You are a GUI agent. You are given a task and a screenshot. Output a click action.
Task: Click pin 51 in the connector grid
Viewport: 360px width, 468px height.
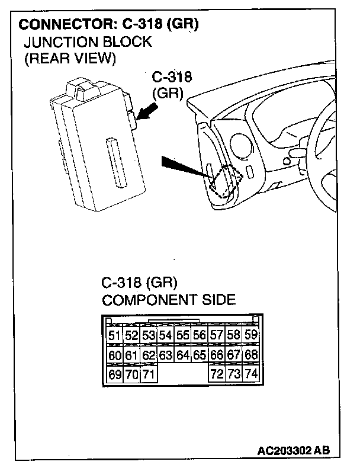point(114,336)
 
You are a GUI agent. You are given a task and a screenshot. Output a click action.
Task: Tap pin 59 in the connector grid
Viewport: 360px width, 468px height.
point(251,336)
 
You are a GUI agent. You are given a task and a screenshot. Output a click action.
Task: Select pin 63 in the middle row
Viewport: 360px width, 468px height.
point(166,355)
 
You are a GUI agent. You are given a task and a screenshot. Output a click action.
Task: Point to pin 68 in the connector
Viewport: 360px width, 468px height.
point(251,355)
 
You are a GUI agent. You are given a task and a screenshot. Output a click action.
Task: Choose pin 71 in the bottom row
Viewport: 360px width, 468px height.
point(148,374)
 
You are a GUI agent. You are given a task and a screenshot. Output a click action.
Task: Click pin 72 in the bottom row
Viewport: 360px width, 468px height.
point(217,374)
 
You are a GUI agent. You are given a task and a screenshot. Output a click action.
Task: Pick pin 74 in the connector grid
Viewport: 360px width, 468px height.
point(251,374)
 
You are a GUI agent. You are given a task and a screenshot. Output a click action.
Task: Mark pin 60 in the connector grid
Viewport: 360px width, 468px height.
point(114,355)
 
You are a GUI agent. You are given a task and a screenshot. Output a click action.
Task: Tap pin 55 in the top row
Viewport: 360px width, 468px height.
point(183,336)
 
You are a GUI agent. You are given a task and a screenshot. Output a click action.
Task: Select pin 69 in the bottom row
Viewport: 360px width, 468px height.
point(114,374)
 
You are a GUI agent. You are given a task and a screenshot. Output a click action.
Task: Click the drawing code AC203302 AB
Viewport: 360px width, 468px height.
point(292,451)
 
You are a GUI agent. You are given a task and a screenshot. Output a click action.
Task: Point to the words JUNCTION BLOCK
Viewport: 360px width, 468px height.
point(88,42)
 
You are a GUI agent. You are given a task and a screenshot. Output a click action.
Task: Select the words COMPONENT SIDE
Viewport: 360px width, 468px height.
point(169,300)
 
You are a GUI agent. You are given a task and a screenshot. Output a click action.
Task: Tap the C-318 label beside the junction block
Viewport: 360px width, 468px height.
point(172,78)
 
